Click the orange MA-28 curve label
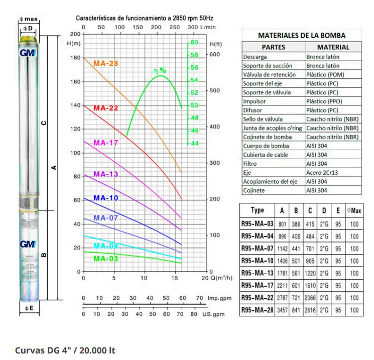tap(106, 64)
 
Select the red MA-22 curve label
tap(106, 108)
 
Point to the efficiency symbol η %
tap(160, 71)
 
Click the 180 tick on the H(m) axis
tap(76, 58)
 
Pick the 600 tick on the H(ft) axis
tap(215, 54)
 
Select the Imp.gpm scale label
tap(220, 298)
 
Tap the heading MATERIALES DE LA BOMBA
tap(302, 36)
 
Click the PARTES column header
tap(274, 47)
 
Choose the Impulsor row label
tap(254, 101)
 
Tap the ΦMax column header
tap(354, 211)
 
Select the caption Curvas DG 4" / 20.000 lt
tap(65, 349)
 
